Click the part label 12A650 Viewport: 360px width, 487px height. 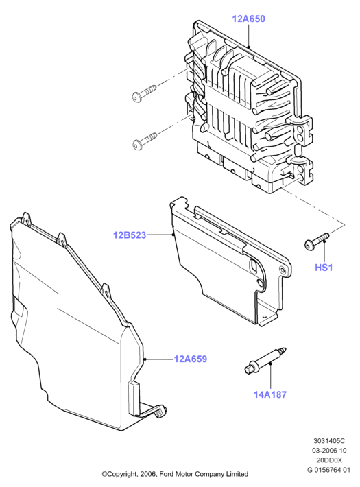[248, 19]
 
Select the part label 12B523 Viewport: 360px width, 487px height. [130, 235]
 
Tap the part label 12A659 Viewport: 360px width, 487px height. [191, 359]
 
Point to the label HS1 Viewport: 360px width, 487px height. [324, 268]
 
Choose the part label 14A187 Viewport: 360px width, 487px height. [270, 395]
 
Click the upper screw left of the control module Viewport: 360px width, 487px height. [144, 93]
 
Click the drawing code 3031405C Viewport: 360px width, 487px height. [329, 441]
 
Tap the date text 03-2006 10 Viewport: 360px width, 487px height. [329, 451]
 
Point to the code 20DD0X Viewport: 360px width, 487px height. [329, 460]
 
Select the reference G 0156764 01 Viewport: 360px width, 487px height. [329, 470]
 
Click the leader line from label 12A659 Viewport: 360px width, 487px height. [158, 359]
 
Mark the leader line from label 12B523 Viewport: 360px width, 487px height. [160, 235]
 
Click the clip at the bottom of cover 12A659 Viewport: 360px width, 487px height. [160, 411]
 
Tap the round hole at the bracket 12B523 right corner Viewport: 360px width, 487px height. [282, 270]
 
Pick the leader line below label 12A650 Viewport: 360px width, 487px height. [248, 36]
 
